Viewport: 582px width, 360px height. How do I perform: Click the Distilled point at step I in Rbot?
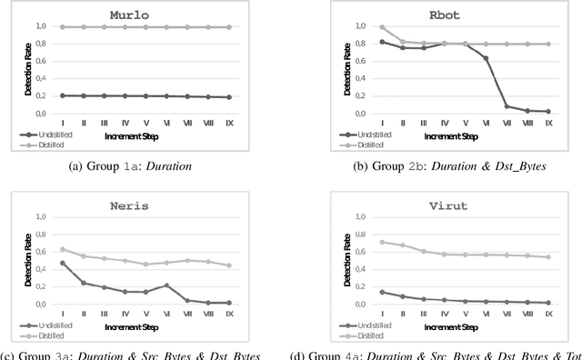(x=356, y=27)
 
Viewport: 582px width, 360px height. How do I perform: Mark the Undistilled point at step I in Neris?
(x=62, y=264)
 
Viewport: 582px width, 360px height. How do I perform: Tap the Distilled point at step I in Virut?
(x=356, y=242)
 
